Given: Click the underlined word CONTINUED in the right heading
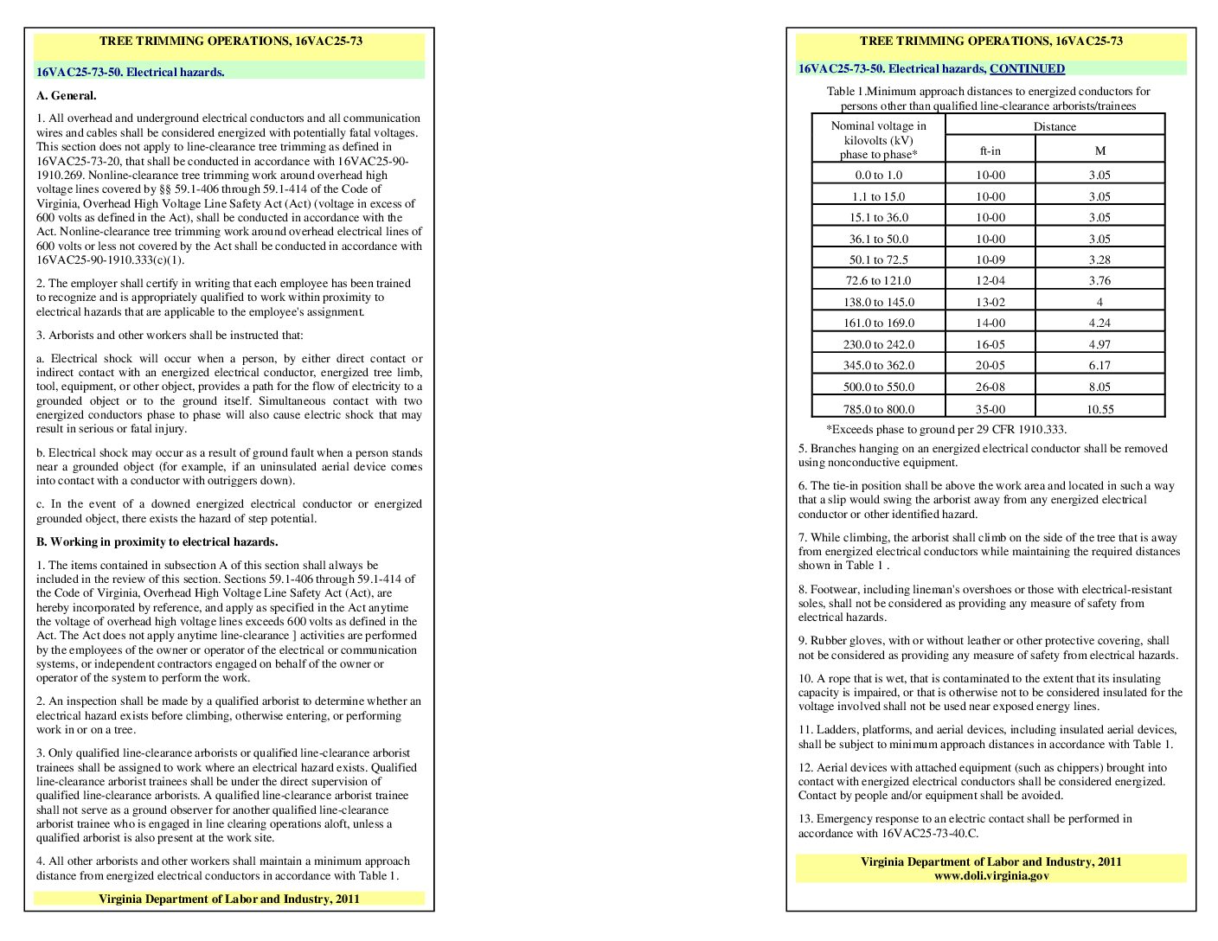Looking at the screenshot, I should pos(1027,69).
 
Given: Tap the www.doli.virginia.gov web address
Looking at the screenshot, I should pos(990,876).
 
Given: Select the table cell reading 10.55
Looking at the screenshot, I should pos(1099,409).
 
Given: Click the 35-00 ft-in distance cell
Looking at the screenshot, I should pos(990,409).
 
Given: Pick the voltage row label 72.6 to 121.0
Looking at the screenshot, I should pos(878,281).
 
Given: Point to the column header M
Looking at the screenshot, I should pos(1099,150).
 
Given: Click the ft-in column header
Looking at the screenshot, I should pos(990,150).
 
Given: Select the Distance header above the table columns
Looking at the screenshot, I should pos(1055,126).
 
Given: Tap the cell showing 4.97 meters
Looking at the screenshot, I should pos(1099,344).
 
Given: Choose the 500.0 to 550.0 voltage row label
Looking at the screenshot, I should pos(878,387).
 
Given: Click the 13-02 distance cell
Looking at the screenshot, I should pos(990,302).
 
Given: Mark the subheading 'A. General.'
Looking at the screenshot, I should pos(67,96).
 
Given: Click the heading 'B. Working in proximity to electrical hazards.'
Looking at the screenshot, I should pos(157,542).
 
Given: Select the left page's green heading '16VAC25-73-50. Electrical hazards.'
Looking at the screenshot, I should pos(131,73).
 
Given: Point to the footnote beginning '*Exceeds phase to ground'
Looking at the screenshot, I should pos(946,430).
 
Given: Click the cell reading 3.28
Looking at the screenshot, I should pos(1099,259).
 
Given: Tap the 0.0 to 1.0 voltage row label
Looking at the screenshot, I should pos(878,176).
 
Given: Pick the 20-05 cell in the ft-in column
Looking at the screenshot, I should pos(990,366).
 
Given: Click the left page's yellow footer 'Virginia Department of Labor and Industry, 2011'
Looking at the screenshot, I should pos(228,899).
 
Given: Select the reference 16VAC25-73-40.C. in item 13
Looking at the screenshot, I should pos(930,834).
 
